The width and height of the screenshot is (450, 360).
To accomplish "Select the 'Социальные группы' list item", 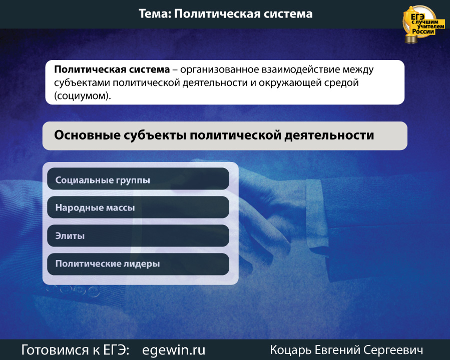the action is click(138, 179).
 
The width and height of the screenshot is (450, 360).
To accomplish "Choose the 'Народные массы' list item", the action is click(138, 207).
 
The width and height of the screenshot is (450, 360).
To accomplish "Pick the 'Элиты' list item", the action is click(138, 235).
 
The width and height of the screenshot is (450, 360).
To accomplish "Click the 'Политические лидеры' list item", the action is click(138, 264).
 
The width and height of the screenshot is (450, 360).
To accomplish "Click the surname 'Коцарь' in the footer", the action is click(290, 350).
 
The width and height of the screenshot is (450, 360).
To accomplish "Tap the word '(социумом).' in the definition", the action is click(83, 95).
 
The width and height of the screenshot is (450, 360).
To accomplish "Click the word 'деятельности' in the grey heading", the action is click(329, 135).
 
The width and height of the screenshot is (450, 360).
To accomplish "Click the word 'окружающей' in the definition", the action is click(290, 83).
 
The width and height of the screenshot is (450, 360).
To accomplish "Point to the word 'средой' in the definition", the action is click(341, 83).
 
